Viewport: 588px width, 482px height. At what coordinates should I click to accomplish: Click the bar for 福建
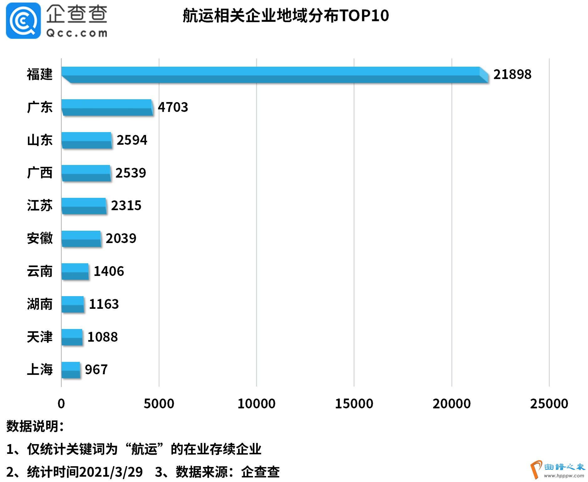(x=273, y=75)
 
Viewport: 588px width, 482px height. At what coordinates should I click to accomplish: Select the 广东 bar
(x=107, y=107)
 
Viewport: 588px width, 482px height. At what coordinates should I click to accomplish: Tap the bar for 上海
(x=71, y=370)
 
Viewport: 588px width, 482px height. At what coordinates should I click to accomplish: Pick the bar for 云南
(x=75, y=271)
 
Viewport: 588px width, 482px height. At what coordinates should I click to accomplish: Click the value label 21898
(x=512, y=75)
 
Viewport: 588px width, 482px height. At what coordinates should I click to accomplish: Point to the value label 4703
(x=173, y=107)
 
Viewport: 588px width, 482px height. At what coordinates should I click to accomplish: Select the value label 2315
(x=126, y=206)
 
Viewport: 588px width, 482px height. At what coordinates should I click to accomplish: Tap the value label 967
(x=96, y=370)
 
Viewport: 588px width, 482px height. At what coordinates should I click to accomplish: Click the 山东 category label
(x=40, y=140)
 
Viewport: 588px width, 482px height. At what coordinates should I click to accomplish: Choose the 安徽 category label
(x=40, y=238)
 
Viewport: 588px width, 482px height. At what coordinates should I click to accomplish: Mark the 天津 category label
(x=40, y=337)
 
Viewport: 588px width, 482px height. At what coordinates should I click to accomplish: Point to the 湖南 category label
(x=40, y=304)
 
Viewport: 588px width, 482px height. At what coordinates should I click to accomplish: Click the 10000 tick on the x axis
(x=256, y=404)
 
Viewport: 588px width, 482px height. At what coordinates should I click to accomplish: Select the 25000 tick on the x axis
(x=549, y=404)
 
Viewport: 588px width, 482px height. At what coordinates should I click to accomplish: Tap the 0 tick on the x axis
(x=61, y=404)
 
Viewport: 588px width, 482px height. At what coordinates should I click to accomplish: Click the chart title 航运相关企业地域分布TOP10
(x=286, y=16)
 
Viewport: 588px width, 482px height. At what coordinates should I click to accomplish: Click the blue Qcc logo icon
(x=23, y=21)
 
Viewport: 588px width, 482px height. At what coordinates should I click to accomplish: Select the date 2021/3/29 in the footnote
(x=111, y=472)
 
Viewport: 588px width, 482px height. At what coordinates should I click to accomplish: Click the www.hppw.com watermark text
(x=564, y=476)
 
